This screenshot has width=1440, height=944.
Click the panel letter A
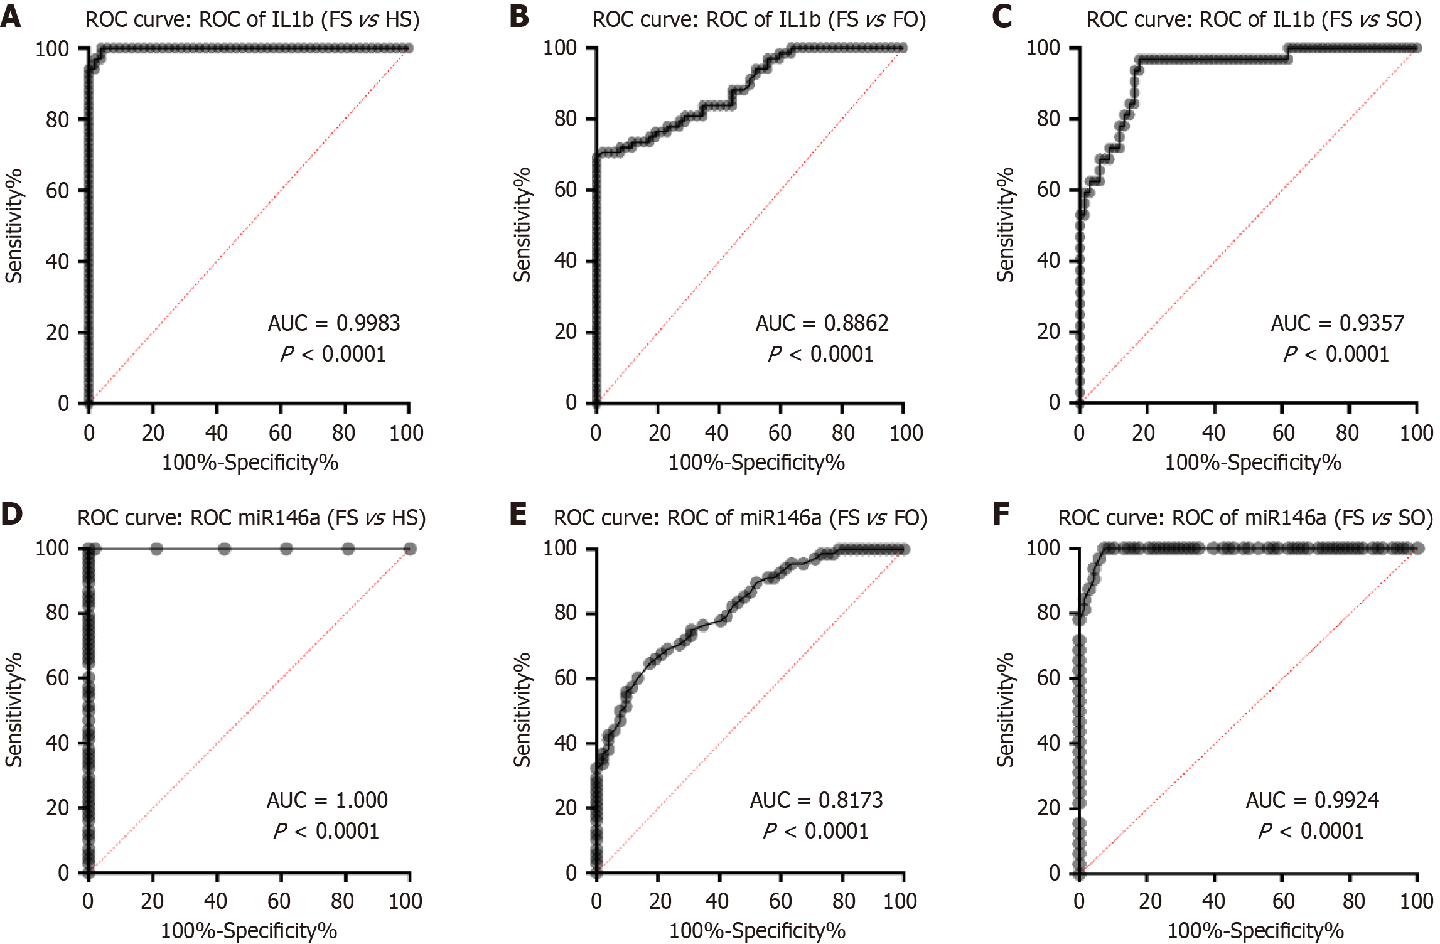click(x=11, y=16)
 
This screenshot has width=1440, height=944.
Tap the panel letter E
click(x=519, y=514)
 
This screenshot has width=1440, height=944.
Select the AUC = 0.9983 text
click(x=334, y=323)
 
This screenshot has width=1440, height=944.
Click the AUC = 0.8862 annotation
click(x=822, y=323)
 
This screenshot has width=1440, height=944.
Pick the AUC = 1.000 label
click(x=327, y=800)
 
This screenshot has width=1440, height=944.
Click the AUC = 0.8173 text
click(x=816, y=800)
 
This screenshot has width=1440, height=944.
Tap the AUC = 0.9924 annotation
click(x=1312, y=800)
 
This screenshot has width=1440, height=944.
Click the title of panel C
click(x=1254, y=20)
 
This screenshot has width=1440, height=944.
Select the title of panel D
click(x=251, y=518)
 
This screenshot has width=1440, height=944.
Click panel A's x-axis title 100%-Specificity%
click(x=250, y=463)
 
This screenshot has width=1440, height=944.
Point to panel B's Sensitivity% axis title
click(x=522, y=225)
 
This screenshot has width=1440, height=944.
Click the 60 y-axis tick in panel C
click(x=1048, y=190)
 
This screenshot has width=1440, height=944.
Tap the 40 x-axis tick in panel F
click(x=1213, y=901)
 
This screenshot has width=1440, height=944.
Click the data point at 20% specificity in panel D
click(x=156, y=549)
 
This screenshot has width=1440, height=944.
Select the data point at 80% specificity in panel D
click(x=348, y=549)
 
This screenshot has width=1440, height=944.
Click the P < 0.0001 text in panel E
click(x=815, y=831)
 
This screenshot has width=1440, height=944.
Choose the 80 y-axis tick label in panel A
click(x=57, y=119)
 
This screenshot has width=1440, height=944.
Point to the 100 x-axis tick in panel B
click(x=906, y=433)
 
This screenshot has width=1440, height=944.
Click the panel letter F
click(x=1001, y=514)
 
